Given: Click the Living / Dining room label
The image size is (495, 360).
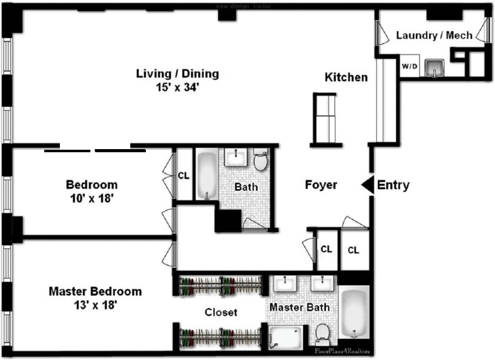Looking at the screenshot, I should pos(178,74).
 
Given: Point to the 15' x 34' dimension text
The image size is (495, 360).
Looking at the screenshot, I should pos(178,88).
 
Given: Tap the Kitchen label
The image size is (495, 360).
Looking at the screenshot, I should pos(346,77).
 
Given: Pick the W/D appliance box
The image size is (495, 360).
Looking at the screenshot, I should pos(409,66).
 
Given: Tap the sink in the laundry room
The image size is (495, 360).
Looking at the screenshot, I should pos(435,67).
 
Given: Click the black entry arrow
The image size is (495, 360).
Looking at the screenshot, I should pos(368,185).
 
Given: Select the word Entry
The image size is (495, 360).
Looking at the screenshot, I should pos(393,185).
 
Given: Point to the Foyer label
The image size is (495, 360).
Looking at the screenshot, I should pos(320,185).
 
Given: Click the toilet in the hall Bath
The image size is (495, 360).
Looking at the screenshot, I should pos(261,161).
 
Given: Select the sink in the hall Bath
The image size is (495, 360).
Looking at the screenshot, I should pos(235,157).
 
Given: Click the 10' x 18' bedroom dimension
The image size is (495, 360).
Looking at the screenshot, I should pos(92,199).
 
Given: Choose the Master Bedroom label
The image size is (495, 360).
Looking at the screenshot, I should pos(95,291).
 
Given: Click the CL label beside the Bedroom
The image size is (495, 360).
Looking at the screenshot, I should pos(183,175).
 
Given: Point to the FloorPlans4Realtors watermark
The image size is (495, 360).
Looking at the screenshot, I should pos(342,351).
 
